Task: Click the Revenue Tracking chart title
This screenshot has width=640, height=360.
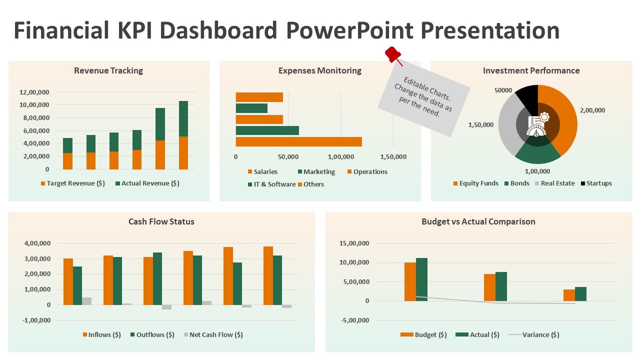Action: pos(108,70)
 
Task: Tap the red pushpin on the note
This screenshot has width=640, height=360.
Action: pos(392,54)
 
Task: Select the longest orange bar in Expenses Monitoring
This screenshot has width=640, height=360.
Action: pos(298,141)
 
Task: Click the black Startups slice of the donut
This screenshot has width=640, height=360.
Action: pos(527,95)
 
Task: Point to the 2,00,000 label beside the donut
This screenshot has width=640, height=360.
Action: pos(592,110)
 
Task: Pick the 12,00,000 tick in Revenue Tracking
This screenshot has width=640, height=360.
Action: pos(34,92)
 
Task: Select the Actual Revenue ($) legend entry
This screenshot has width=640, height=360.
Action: pos(147,183)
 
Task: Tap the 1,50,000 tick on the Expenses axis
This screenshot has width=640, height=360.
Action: pos(393,157)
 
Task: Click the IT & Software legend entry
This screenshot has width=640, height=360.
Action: pos(271,184)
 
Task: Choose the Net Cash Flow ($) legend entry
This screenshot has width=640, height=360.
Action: pos(213,335)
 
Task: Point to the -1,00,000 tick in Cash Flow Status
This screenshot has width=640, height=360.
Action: pos(37,320)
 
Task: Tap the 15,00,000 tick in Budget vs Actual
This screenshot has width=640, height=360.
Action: pos(354,243)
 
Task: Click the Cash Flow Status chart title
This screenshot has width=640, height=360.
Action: pos(161,221)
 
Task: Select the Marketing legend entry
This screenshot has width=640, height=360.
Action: pos(316,172)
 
